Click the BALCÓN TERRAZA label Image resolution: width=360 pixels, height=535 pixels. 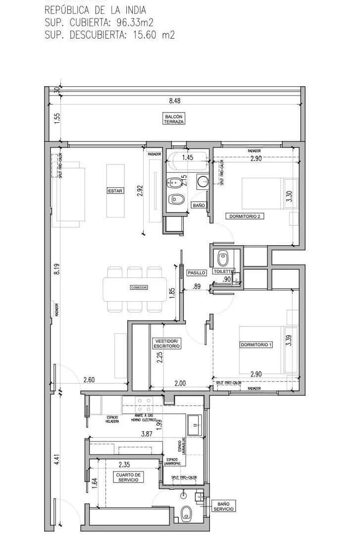click(x=174, y=119)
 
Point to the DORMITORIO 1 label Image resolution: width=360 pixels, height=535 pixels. click(x=257, y=345)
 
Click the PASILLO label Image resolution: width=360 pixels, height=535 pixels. click(x=197, y=273)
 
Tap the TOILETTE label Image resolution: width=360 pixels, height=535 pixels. click(x=223, y=272)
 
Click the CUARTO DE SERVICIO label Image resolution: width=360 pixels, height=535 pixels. click(x=128, y=477)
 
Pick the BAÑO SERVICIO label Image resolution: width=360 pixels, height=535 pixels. click(x=224, y=506)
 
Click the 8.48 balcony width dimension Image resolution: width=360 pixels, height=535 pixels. click(x=174, y=101)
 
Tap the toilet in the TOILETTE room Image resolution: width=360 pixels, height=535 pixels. click(x=223, y=258)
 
